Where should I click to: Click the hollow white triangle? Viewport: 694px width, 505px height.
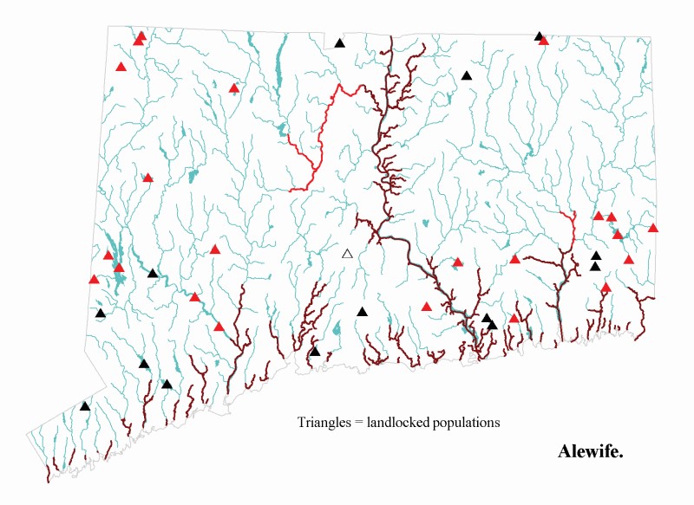[x=347, y=254]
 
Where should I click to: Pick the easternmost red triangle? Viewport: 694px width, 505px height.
[x=653, y=228]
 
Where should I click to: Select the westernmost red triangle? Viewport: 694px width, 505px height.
[x=94, y=279]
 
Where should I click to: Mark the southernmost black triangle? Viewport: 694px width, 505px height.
[x=85, y=405]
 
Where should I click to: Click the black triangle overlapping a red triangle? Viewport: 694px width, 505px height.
[x=539, y=36]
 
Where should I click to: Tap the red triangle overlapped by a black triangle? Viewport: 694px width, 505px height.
[x=544, y=41]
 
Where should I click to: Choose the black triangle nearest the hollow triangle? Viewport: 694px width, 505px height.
[x=363, y=312]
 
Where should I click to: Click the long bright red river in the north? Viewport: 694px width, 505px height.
[x=321, y=139]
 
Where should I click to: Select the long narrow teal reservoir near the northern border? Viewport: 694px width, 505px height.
[x=279, y=61]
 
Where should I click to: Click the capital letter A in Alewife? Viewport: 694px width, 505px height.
[x=564, y=451]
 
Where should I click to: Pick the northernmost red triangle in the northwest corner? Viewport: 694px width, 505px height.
[x=141, y=36]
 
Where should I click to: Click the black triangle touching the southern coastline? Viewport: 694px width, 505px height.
[x=315, y=352]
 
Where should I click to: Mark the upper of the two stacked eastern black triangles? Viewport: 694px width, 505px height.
[x=596, y=256]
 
